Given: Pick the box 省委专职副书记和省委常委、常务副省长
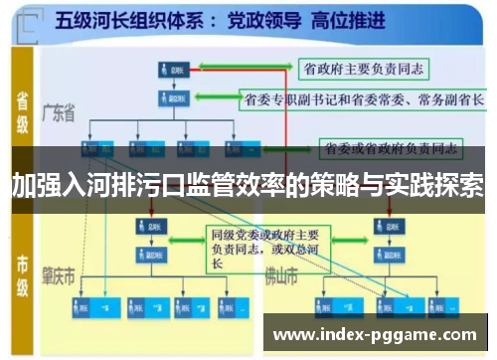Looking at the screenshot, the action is pyautogui.click(x=363, y=99).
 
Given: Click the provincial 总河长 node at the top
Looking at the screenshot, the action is pyautogui.click(x=171, y=72).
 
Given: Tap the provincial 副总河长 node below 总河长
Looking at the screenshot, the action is pyautogui.click(x=171, y=98).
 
